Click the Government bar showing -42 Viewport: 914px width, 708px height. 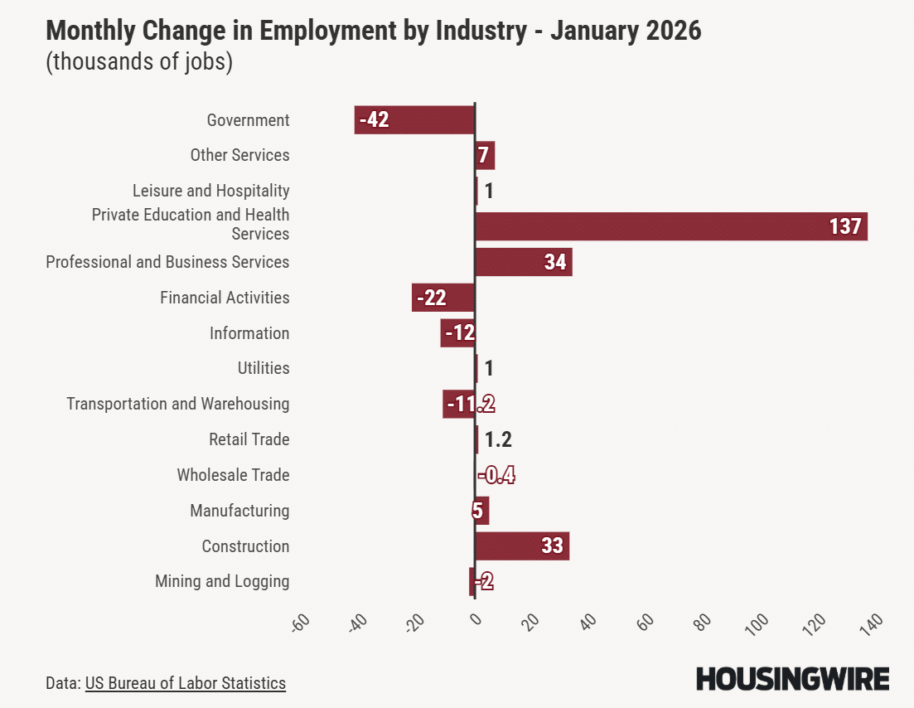(x=414, y=120)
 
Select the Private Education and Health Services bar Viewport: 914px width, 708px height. (x=671, y=226)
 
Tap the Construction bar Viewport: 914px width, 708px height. (x=522, y=546)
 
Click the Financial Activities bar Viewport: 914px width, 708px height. (x=443, y=298)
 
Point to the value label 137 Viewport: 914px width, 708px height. (x=845, y=226)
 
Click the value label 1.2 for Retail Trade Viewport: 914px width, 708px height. (x=498, y=439)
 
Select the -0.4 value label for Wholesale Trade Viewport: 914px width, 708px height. (x=496, y=475)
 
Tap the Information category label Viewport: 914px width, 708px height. (x=249, y=333)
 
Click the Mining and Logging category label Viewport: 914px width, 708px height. (x=222, y=581)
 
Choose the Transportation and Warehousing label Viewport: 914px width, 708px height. (x=178, y=404)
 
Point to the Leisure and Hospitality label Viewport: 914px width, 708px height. (x=211, y=191)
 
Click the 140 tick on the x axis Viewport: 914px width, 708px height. (x=871, y=623)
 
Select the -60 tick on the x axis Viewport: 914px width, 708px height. (x=300, y=623)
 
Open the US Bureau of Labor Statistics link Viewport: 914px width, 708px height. (x=185, y=683)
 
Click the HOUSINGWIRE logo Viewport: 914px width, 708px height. (x=792, y=679)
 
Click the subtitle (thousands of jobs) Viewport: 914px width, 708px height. (x=139, y=62)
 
